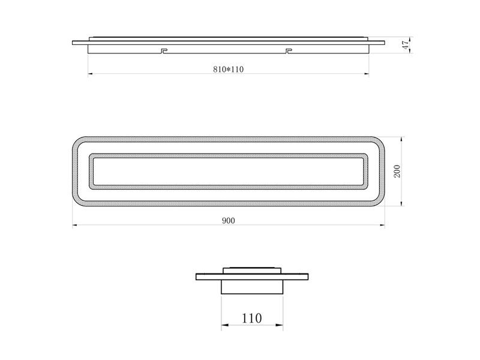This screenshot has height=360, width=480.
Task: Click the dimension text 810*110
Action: (228, 69)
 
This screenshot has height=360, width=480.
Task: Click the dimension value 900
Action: (228, 221)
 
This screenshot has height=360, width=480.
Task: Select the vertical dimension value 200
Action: (397, 172)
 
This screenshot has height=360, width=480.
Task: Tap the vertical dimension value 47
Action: (406, 44)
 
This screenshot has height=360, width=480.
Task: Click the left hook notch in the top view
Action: (164, 50)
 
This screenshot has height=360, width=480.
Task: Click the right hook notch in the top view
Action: (289, 50)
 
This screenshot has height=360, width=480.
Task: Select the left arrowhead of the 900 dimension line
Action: (74, 226)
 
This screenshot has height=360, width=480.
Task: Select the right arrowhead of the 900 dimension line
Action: (383, 226)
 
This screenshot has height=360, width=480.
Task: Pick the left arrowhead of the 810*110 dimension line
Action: (91, 74)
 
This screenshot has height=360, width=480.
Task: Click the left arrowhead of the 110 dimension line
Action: (224, 326)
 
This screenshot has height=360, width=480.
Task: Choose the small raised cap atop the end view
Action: (251, 269)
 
